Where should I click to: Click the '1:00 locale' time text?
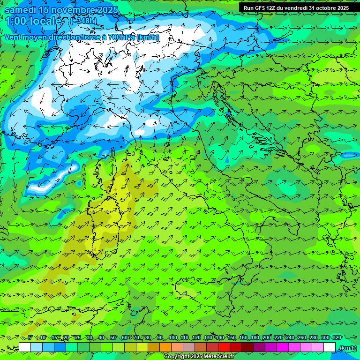(x=33, y=21)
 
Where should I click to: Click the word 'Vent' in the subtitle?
(x=14, y=37)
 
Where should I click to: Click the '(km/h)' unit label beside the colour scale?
(x=347, y=348)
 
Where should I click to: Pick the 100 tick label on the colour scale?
(x=172, y=337)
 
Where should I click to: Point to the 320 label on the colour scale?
(x=337, y=337)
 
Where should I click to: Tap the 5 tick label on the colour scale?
(x=30, y=337)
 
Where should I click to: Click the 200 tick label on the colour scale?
(x=267, y=337)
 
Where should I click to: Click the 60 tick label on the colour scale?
(x=125, y=337)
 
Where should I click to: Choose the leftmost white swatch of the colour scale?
(x=25, y=347)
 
